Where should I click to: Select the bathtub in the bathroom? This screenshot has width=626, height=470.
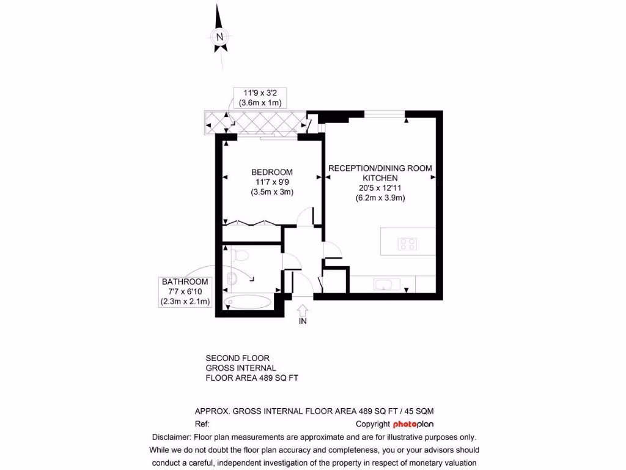[248, 301]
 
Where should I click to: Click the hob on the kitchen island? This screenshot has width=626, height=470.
[408, 244]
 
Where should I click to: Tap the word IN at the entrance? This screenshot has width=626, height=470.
[303, 321]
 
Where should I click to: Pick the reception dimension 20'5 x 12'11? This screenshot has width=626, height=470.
[380, 188]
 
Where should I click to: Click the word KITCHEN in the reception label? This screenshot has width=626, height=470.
[380, 178]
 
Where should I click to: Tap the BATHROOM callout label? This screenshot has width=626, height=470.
[185, 282]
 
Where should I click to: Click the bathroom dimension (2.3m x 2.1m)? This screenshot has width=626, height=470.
[185, 301]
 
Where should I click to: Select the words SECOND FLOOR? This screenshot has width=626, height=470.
[237, 358]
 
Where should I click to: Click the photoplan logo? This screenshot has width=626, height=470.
[414, 424]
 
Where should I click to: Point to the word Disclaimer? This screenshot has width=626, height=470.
[171, 437]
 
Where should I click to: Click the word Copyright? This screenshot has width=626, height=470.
[372, 424]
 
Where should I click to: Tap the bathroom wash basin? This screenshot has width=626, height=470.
[231, 279]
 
